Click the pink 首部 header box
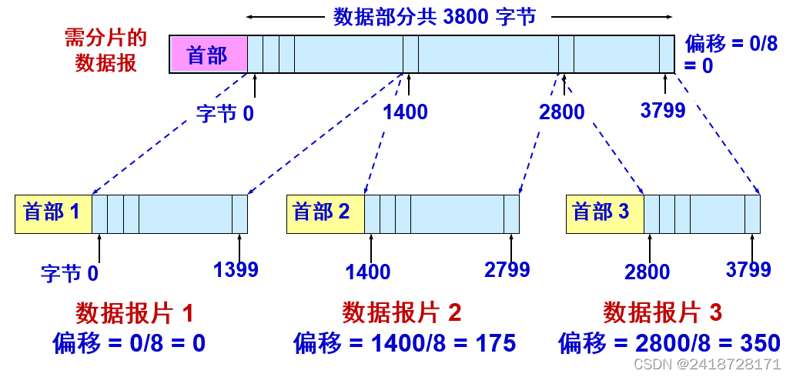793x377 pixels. point(208,55)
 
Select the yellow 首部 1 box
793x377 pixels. point(53,213)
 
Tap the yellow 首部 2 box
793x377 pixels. point(325,213)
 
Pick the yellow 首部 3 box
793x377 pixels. point(604,213)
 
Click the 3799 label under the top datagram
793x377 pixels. point(662,111)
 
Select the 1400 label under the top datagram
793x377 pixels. point(405,112)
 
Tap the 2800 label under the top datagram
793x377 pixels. point(562,112)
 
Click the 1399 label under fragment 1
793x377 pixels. point(236,269)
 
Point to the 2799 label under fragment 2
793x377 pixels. point(507,269)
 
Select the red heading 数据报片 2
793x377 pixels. point(402,313)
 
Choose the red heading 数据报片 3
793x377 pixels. point(663,313)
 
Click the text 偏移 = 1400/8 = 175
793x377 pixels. point(404,343)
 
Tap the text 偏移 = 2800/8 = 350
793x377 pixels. point(669,343)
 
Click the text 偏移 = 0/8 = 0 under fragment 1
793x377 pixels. point(129,343)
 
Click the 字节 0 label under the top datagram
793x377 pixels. point(224,114)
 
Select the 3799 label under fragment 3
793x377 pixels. point(748,269)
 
